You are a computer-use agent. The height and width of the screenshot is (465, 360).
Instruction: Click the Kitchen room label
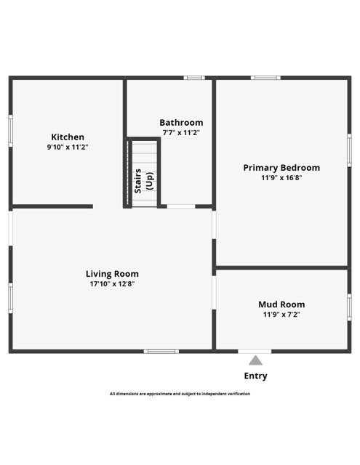click(x=68, y=137)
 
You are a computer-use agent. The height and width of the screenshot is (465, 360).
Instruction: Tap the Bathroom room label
click(x=181, y=123)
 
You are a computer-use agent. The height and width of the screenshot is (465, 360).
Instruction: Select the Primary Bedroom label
click(x=281, y=168)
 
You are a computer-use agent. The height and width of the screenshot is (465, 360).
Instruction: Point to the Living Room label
click(x=112, y=274)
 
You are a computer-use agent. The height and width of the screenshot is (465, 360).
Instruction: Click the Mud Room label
click(x=281, y=304)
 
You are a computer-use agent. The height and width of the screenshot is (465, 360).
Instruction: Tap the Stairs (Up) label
click(x=144, y=181)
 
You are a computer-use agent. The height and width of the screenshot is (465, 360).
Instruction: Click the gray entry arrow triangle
click(x=255, y=360)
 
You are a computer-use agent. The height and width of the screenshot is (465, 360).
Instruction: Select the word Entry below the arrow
click(x=255, y=376)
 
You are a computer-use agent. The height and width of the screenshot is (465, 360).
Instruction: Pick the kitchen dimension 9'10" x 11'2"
click(x=68, y=147)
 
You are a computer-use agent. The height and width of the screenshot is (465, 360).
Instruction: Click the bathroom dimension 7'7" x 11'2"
click(x=181, y=132)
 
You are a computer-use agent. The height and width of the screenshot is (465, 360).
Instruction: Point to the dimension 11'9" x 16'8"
click(x=281, y=177)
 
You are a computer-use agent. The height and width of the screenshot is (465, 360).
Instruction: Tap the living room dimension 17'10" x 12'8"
click(x=112, y=284)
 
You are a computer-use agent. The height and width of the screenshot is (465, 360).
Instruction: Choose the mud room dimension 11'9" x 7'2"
click(x=281, y=315)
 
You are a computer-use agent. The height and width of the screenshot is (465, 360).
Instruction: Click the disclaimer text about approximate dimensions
click(x=180, y=394)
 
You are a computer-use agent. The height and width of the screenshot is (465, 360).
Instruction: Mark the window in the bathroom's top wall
click(x=194, y=78)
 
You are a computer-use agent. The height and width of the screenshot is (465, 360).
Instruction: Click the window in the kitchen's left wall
click(x=11, y=131)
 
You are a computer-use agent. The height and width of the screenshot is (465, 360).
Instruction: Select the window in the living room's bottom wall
click(x=161, y=352)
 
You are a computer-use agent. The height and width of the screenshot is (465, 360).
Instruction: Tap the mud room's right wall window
click(x=349, y=307)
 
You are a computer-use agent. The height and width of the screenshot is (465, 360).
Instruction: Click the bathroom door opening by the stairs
click(x=181, y=206)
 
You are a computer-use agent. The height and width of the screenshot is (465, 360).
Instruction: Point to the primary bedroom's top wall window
click(x=265, y=78)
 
